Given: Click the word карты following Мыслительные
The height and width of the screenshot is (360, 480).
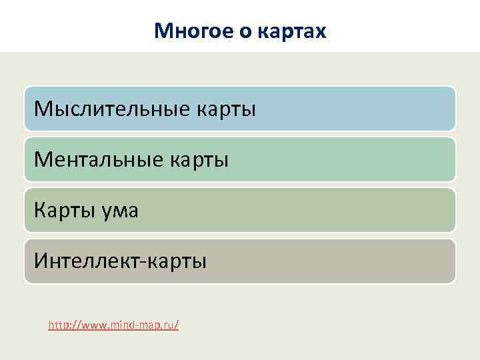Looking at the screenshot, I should [x=225, y=109].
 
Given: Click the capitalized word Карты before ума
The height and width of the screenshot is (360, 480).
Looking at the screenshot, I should [x=64, y=210].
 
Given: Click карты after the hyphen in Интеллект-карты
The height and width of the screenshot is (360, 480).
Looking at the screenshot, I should [x=178, y=261].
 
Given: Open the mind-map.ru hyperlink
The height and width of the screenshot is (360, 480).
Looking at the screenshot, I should [x=113, y=325].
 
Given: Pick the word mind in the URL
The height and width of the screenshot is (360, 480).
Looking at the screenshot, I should [x=121, y=325].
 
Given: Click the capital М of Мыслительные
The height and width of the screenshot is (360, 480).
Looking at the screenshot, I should [x=42, y=109].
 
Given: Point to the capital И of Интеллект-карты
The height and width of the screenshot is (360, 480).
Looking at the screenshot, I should [x=40, y=261].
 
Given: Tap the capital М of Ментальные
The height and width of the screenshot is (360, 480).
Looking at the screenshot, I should [x=42, y=159].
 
